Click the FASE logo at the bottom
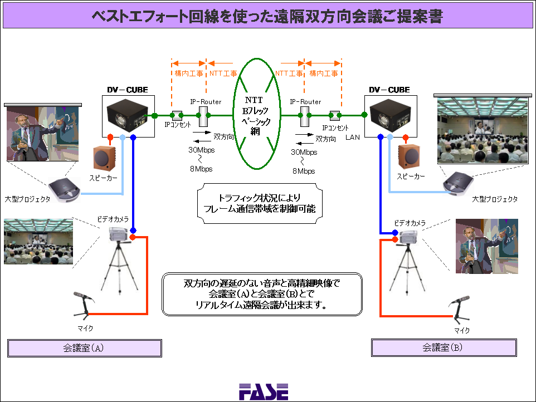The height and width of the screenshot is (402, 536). click(x=264, y=392)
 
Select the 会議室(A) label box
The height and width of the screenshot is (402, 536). click(x=85, y=348)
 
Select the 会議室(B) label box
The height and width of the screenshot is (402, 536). click(x=444, y=347)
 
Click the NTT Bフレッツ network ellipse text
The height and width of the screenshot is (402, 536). click(x=256, y=116)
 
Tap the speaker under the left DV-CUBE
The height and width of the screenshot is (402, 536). click(x=104, y=158)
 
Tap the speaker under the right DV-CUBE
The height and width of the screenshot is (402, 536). click(x=409, y=157)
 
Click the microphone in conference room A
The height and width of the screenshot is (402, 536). click(x=83, y=303)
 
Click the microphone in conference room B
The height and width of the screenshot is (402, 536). click(x=460, y=310)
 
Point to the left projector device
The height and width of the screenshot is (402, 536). click(x=64, y=190)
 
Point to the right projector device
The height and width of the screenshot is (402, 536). click(x=458, y=183)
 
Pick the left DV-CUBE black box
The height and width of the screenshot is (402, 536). click(x=127, y=115)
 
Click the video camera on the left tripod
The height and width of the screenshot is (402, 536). click(x=120, y=234)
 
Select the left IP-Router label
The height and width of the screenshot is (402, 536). click(x=206, y=102)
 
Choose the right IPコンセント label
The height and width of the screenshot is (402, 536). click(x=335, y=128)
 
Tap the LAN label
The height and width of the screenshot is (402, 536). click(x=353, y=138)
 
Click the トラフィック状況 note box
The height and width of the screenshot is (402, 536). click(x=260, y=204)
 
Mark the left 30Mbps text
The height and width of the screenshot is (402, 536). click(x=201, y=150)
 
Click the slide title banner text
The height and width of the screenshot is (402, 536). click(x=267, y=16)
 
